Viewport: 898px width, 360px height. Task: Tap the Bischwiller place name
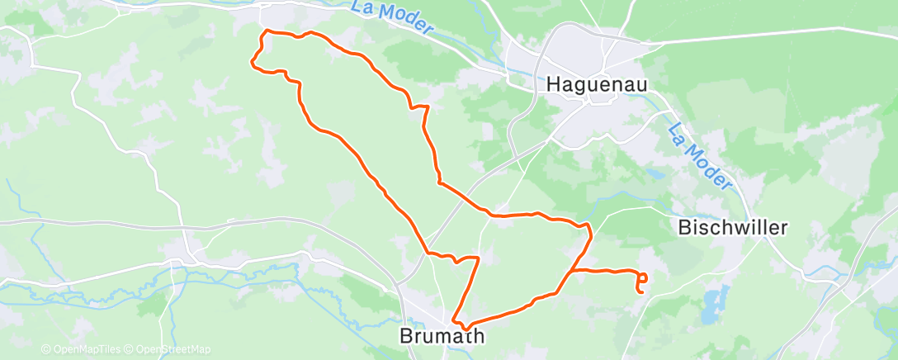(733, 228)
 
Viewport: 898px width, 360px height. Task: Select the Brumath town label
(441, 336)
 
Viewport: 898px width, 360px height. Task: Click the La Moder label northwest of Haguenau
(392, 17)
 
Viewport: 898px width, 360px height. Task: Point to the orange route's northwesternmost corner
(264, 31)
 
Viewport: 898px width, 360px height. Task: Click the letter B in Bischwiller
(683, 228)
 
